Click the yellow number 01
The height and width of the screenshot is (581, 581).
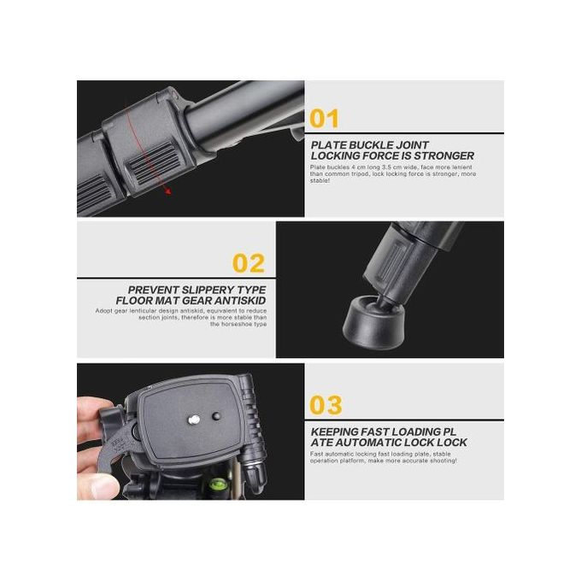click(324, 119)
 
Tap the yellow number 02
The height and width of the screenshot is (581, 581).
click(249, 263)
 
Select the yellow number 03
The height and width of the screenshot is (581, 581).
click(326, 405)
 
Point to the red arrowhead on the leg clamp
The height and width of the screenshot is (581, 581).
click(168, 191)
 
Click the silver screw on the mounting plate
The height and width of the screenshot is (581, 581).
click(194, 420)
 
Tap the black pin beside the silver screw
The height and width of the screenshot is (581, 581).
click(216, 416)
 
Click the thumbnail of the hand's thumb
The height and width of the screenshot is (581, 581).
click(104, 486)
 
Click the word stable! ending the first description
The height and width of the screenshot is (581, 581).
click(320, 180)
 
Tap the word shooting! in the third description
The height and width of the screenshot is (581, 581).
click(443, 461)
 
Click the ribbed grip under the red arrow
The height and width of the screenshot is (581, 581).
click(153, 164)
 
